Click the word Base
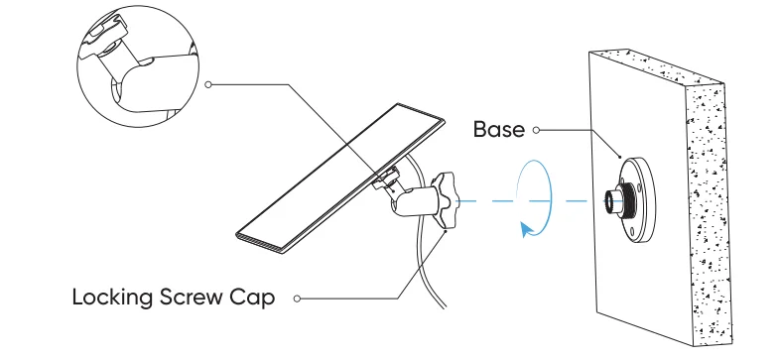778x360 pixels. click(500, 130)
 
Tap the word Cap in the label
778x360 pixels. click(257, 297)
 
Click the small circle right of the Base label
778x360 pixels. click(536, 130)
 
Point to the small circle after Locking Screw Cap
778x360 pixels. click(296, 297)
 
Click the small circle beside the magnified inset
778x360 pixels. click(208, 85)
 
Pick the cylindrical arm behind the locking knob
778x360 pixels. click(414, 199)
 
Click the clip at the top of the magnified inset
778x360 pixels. click(107, 38)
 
